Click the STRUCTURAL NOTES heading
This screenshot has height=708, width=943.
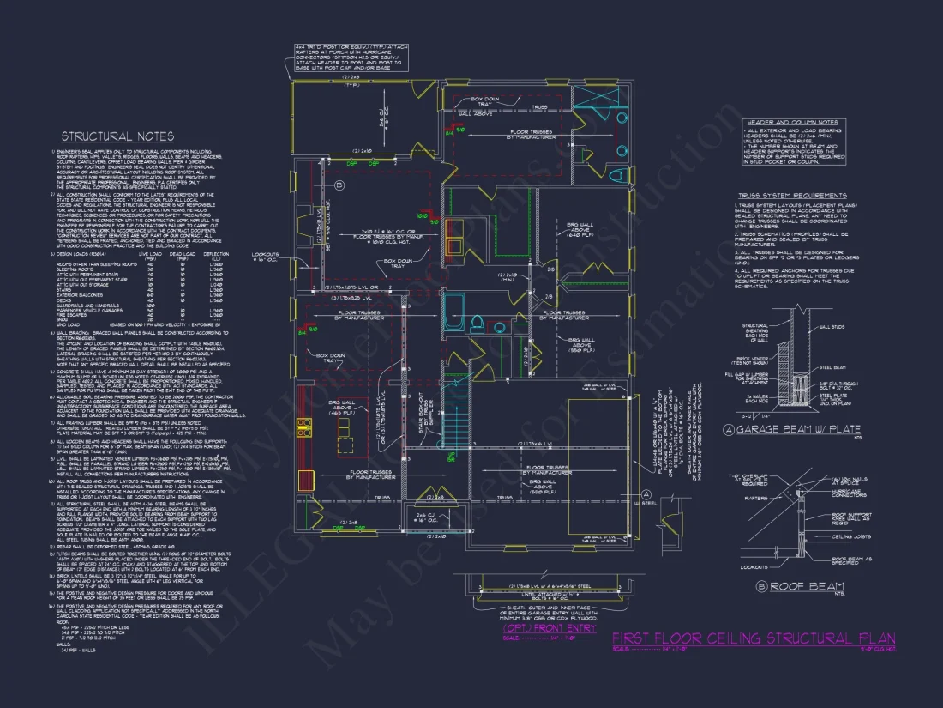click(117, 136)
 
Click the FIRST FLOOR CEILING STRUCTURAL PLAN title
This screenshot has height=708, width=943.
click(754, 638)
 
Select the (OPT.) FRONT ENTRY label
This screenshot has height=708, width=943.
click(549, 628)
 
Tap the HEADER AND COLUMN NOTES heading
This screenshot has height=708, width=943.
click(791, 123)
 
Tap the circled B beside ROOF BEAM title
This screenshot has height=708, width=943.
click(760, 587)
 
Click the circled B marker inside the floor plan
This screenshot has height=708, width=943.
click(339, 185)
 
